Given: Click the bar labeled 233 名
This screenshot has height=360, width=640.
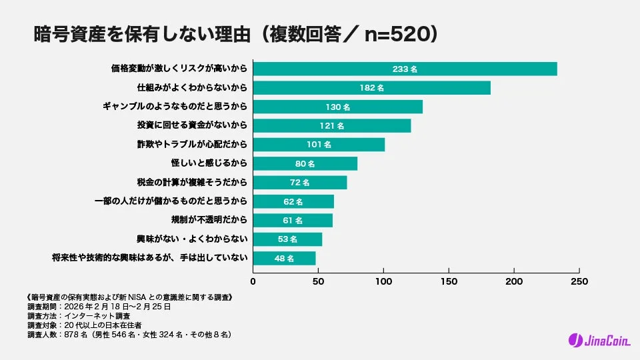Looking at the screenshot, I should [405, 69].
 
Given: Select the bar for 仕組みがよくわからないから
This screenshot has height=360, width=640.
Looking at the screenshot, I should [371, 88].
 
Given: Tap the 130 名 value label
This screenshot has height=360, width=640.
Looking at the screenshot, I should [337, 107].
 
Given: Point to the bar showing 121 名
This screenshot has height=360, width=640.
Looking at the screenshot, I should [332, 126].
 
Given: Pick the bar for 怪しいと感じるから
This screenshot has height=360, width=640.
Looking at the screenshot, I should [305, 163].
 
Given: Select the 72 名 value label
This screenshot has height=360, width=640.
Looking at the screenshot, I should [299, 183].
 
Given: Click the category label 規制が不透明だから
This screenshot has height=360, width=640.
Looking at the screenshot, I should [209, 220].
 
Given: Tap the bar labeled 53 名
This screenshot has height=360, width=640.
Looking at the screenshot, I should [287, 239].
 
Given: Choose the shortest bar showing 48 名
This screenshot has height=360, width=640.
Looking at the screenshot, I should [284, 258].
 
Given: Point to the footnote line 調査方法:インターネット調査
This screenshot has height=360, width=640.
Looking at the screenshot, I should [79, 316].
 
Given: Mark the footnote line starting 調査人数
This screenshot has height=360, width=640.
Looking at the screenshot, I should [129, 335].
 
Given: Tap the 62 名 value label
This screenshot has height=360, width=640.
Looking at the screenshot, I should [293, 201].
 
